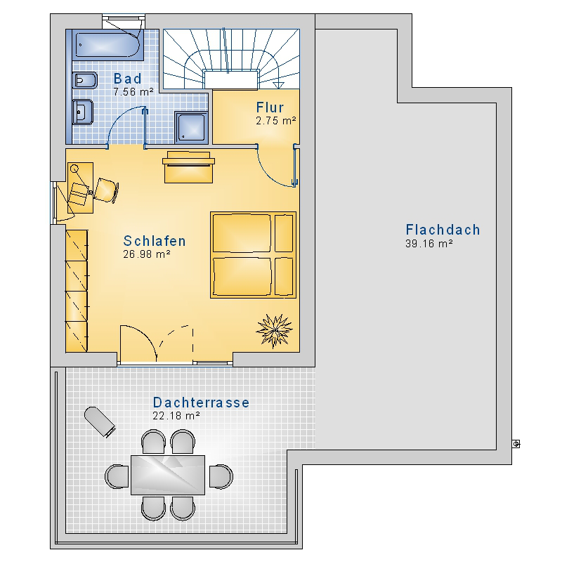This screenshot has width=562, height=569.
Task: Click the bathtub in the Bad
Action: (108, 45)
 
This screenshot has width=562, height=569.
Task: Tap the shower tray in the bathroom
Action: (192, 128)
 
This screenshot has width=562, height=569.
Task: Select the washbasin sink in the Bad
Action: (83, 112)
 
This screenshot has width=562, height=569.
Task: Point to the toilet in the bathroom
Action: (85, 80)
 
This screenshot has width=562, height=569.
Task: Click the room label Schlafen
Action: (155, 241)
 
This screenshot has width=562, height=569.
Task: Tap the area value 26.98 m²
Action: (147, 254)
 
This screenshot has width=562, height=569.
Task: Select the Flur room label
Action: (270, 107)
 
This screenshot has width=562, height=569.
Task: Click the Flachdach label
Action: (443, 230)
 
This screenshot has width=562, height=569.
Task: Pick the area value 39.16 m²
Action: (429, 243)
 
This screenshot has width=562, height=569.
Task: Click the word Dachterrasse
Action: (201, 403)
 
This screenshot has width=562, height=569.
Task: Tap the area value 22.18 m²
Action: (176, 415)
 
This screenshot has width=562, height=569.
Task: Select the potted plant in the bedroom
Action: (275, 331)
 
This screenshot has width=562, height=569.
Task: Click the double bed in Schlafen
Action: (253, 255)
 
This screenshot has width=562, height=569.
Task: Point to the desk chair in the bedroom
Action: (107, 190)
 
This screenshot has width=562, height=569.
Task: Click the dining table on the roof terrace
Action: (168, 475)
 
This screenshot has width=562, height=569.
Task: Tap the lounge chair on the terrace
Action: (100, 421)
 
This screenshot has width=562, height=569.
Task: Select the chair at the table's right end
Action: (221, 476)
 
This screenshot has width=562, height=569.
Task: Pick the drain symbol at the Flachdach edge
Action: (516, 444)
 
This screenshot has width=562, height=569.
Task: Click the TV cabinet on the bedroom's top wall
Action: (189, 167)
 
